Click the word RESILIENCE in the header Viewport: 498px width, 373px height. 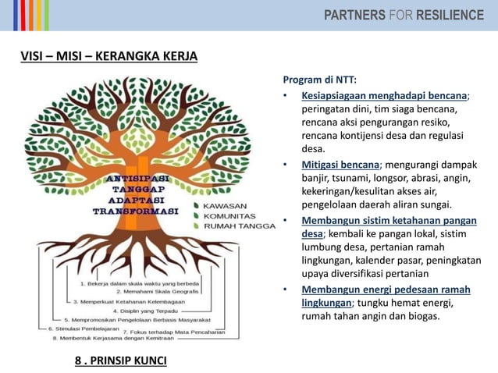(x=450, y=15)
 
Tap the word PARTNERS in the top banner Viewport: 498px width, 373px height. (x=356, y=15)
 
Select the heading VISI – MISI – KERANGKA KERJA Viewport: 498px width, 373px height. (x=108, y=56)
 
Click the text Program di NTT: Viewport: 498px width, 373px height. (x=319, y=80)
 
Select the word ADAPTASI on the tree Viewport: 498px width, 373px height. (x=136, y=200)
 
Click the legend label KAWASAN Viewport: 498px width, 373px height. (x=227, y=206)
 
